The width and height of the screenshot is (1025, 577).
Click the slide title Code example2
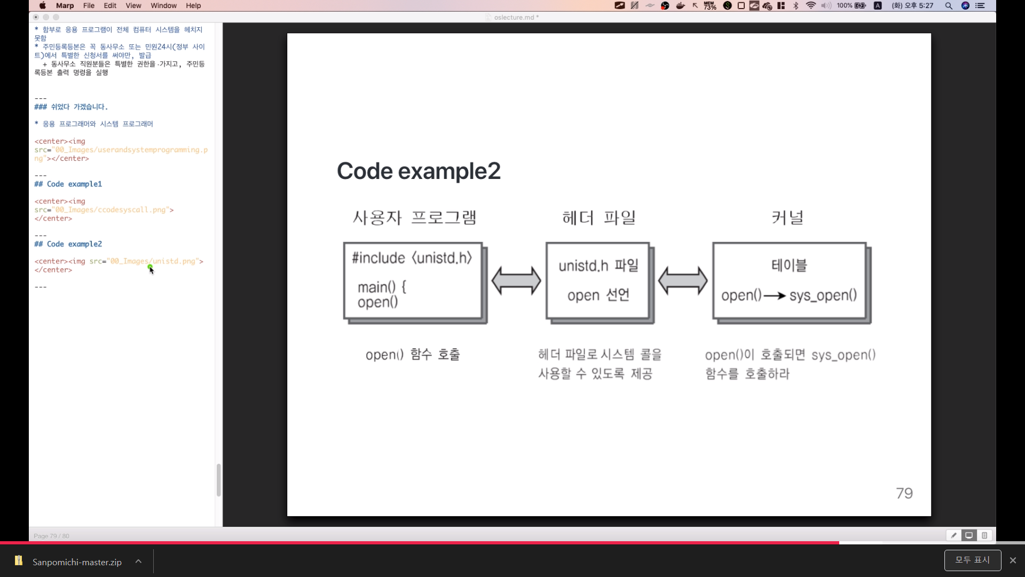[x=419, y=171]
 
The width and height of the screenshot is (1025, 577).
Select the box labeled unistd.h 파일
[x=598, y=281]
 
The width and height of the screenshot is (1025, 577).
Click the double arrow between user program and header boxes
[x=516, y=281]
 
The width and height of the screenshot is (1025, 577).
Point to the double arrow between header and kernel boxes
[x=682, y=281]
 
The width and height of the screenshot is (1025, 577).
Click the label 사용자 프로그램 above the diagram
[x=414, y=218]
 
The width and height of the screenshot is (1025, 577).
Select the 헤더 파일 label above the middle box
[x=598, y=218]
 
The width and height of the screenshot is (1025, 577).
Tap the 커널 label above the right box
[x=787, y=218]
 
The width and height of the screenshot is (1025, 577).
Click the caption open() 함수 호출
[x=413, y=355]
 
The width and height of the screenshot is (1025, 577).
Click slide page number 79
[x=904, y=493]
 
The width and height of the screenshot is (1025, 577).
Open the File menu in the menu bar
[x=89, y=5]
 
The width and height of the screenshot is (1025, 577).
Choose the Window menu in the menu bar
[x=163, y=5]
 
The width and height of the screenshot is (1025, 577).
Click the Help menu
[x=193, y=5]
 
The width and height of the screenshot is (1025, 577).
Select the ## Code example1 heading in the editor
[x=68, y=184]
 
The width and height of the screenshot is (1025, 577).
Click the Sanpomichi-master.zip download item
[x=77, y=562]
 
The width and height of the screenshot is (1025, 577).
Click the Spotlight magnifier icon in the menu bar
[x=949, y=6]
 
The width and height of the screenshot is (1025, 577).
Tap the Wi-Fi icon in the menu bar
[x=811, y=6]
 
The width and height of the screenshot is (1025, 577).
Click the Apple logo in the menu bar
[x=43, y=5]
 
